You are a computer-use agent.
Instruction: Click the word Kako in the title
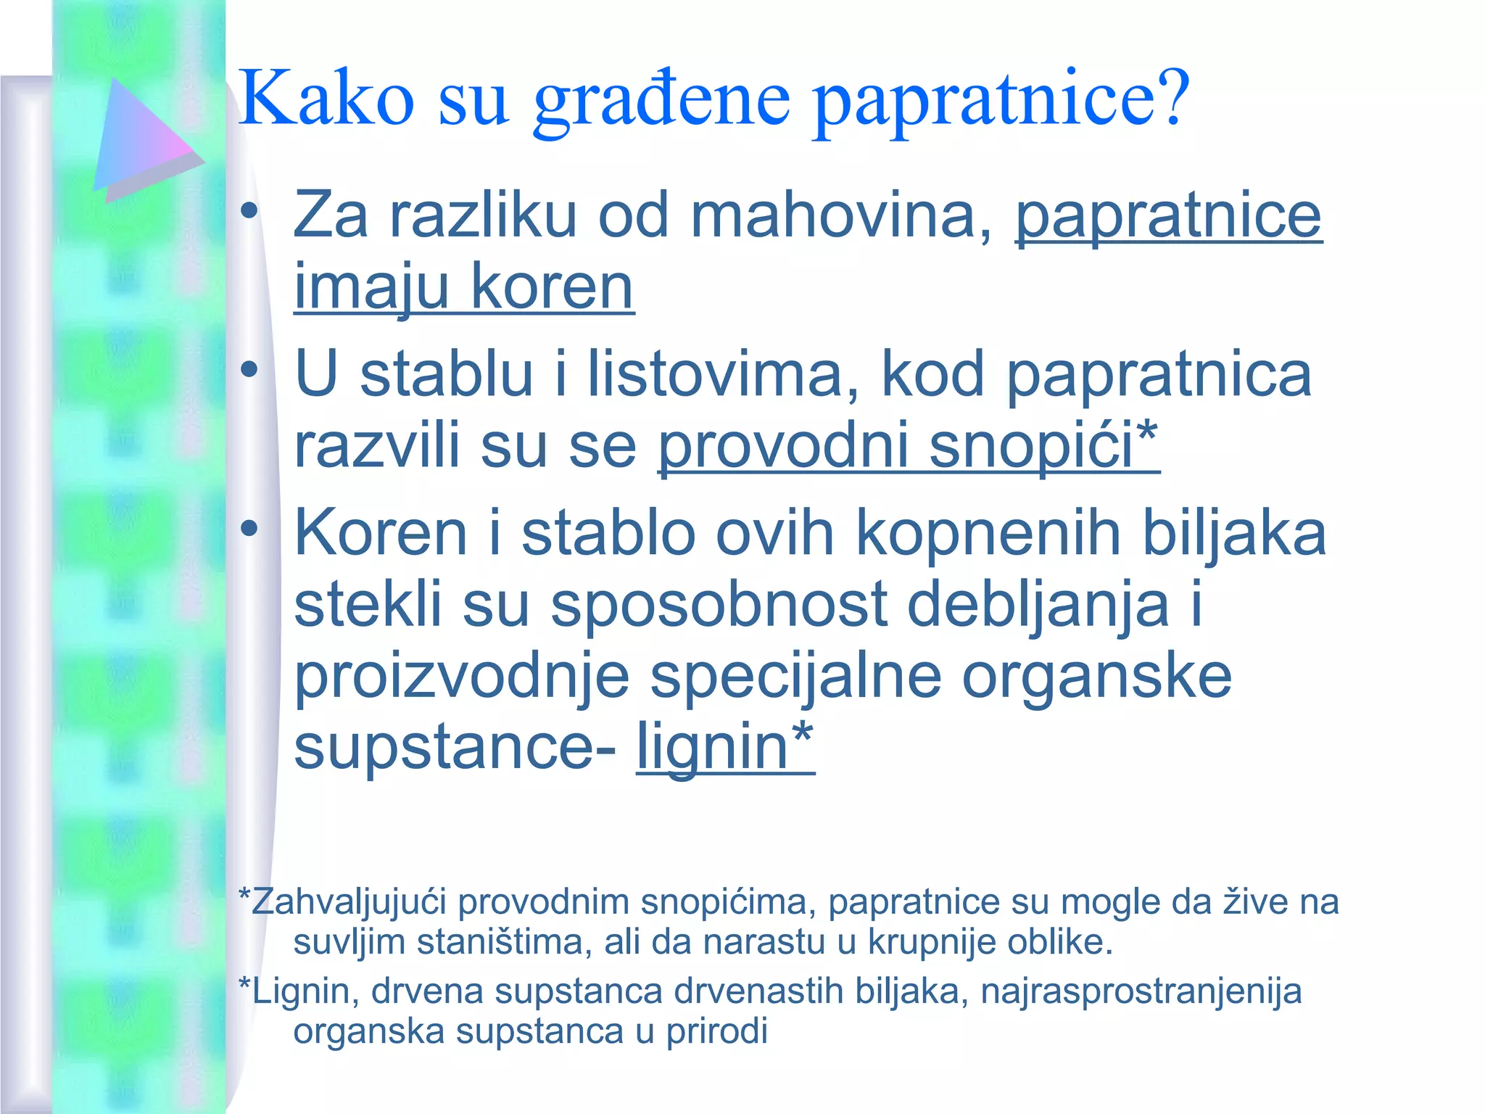tap(326, 97)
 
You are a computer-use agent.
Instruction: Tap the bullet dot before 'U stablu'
tap(249, 371)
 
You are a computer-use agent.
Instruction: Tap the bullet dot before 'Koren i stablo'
tap(249, 529)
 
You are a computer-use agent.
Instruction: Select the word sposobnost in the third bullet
tap(719, 606)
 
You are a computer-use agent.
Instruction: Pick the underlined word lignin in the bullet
tap(713, 747)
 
